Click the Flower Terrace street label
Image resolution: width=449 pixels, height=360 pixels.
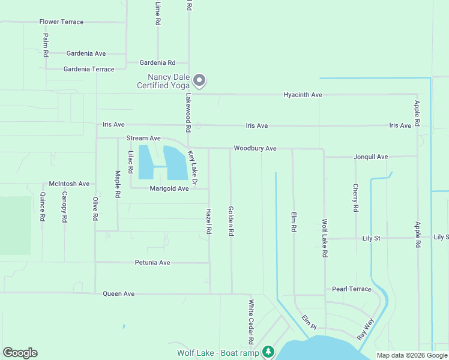[x=61, y=22]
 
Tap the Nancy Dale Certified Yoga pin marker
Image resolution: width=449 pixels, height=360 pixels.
[x=200, y=80]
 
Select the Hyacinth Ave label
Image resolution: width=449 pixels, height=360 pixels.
[x=303, y=95]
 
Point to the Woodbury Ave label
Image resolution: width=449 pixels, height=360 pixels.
[x=255, y=148]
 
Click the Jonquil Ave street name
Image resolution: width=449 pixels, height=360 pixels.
[x=370, y=157]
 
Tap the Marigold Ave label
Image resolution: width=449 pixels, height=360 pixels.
[x=169, y=188]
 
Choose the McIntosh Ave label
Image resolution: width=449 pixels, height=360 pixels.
[x=69, y=184]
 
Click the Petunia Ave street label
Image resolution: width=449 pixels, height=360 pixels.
[x=152, y=263]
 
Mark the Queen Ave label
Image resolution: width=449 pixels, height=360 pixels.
[x=119, y=294]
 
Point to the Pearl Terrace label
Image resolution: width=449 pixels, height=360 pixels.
[x=352, y=289]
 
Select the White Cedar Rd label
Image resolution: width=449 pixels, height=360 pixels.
[x=251, y=322]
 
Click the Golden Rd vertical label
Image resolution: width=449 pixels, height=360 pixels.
[x=231, y=221]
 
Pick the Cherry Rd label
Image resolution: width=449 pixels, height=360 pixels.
[x=355, y=198]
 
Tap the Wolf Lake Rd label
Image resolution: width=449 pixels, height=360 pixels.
[x=324, y=238]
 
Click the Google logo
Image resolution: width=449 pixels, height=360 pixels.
[x=20, y=353]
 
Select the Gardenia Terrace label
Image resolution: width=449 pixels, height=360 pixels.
[x=89, y=69]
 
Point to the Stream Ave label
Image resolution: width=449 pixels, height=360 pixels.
[x=143, y=138]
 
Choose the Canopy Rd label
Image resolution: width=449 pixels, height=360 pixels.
[x=64, y=206]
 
